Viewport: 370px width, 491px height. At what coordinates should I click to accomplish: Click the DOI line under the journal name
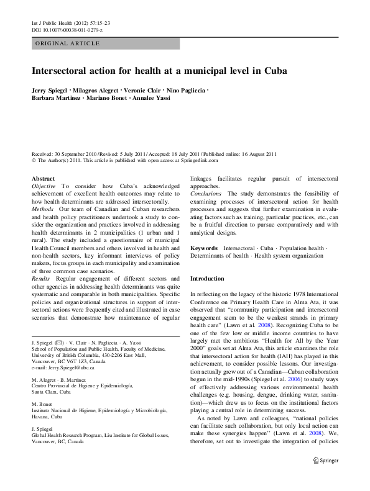tap(67, 30)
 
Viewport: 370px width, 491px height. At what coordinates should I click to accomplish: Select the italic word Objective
tap(44, 186)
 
